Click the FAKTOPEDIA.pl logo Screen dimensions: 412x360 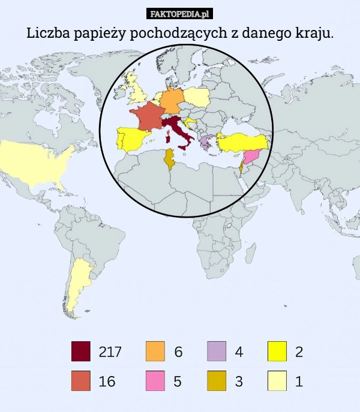pyautogui.click(x=180, y=14)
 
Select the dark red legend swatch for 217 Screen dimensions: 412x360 pyautogui.click(x=81, y=351)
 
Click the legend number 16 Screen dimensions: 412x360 pyautogui.click(x=107, y=381)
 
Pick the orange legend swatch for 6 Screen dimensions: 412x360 pyautogui.click(x=155, y=351)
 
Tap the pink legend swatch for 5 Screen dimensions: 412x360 pyautogui.click(x=155, y=381)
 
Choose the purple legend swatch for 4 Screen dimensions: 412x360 pyautogui.click(x=217, y=351)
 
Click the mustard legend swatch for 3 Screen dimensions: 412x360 pyautogui.click(x=217, y=381)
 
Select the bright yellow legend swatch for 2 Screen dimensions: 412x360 pyautogui.click(x=277, y=351)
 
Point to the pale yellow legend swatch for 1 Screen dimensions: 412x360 pyautogui.click(x=277, y=381)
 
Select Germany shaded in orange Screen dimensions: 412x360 pyautogui.click(x=172, y=100)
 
